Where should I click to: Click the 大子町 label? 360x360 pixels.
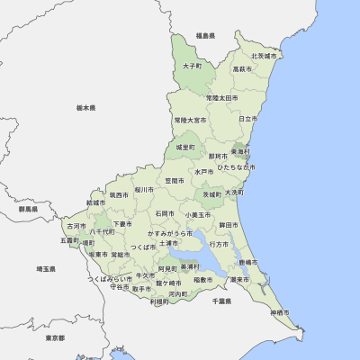[x=192, y=66]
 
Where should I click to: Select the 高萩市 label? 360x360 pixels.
[x=243, y=69]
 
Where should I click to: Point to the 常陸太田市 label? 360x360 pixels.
[x=220, y=97]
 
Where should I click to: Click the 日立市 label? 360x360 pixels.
[x=247, y=119]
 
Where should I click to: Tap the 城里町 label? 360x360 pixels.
[x=185, y=147]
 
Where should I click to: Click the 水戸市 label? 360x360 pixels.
[x=203, y=171]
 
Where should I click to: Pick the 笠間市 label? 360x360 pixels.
[x=175, y=181]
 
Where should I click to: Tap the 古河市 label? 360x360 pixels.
[x=76, y=226]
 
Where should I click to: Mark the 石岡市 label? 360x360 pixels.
[x=165, y=214]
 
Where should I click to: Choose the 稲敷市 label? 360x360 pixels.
[x=203, y=280]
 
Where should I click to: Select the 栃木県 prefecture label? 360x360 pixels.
[x=85, y=107]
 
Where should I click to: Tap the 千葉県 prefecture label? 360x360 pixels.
[x=221, y=301]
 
